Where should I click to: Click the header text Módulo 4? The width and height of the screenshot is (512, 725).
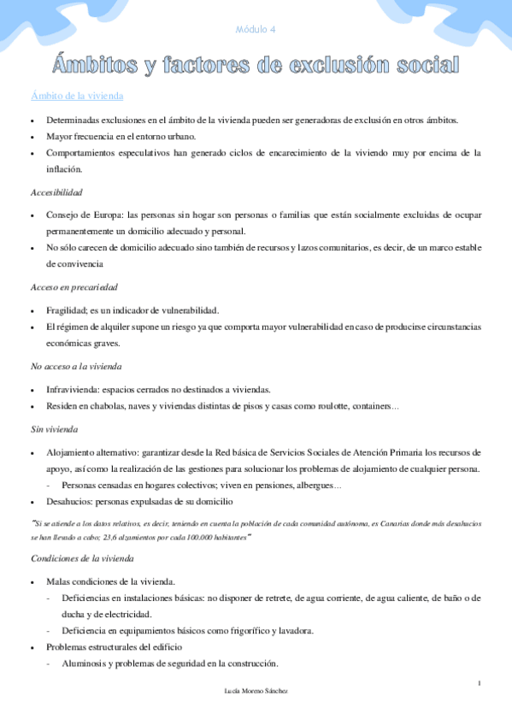click(255, 30)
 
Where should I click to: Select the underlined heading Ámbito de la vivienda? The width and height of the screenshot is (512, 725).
click(77, 97)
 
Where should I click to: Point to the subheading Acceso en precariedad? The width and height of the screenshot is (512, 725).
click(74, 286)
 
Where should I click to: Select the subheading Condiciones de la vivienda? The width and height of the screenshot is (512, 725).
click(82, 559)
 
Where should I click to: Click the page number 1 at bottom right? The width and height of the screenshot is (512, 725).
click(480, 682)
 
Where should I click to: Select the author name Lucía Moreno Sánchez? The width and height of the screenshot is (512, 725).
click(255, 691)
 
